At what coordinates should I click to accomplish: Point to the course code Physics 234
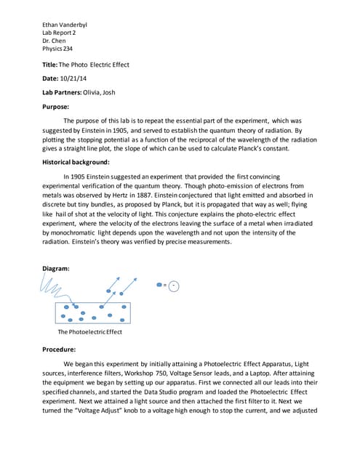click(x=57, y=49)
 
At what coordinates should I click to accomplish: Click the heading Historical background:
click(x=76, y=162)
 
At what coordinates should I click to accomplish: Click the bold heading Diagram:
click(x=56, y=268)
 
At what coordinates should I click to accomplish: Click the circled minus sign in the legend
click(x=173, y=286)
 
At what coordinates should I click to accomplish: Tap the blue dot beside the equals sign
click(x=159, y=286)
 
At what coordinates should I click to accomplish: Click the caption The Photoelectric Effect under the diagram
click(x=89, y=332)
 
